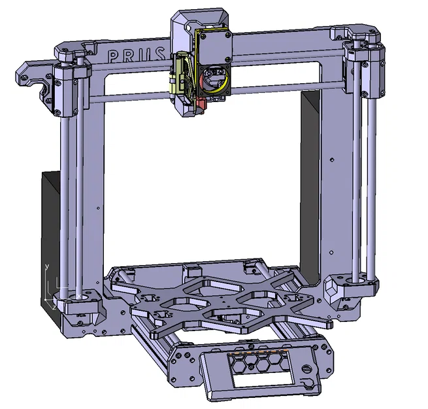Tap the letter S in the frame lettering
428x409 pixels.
click(164, 54)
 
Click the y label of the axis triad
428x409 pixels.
click(47, 267)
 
